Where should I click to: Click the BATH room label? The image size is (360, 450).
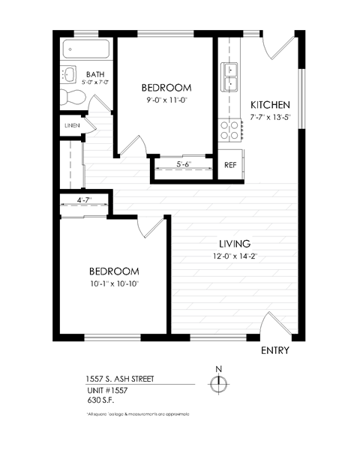[x=95, y=74]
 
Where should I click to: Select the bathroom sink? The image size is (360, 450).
[x=69, y=75]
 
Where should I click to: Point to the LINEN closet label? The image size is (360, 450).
[x=72, y=125]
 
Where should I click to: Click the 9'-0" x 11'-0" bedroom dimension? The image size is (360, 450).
[x=166, y=98]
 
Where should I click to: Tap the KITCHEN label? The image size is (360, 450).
[x=270, y=105]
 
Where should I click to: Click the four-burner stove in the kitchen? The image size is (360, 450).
[x=229, y=130]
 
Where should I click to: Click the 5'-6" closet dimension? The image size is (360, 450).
[x=184, y=164]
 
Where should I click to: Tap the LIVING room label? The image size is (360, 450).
[x=234, y=244]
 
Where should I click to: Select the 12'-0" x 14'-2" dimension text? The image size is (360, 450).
[x=234, y=256]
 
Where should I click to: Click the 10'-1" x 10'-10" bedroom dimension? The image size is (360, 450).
[x=114, y=283]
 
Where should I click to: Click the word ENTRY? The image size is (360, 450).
[x=274, y=350]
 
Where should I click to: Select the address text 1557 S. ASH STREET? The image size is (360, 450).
[x=119, y=379]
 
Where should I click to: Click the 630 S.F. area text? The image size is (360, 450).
[x=100, y=400]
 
